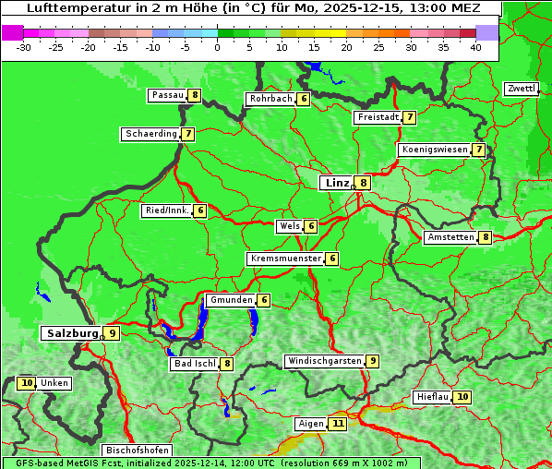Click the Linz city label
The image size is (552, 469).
(x=336, y=183)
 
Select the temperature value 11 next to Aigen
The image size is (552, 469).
(x=338, y=424)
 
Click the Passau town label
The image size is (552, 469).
(x=168, y=95)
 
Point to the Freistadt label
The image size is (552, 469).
(x=378, y=117)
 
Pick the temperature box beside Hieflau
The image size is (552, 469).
(x=462, y=397)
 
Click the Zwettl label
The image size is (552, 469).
(x=521, y=89)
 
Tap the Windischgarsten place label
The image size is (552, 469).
(x=324, y=361)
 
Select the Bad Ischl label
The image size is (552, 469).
(x=194, y=364)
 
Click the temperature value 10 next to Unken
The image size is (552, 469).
(x=27, y=383)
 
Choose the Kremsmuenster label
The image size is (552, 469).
(x=285, y=259)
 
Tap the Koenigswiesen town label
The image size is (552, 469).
(x=434, y=150)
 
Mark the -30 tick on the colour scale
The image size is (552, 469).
(x=24, y=47)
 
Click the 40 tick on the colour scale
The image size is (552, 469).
(x=475, y=47)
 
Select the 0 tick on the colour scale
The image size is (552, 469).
(x=218, y=47)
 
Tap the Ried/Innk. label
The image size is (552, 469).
(x=167, y=210)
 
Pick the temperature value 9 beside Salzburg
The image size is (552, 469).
(x=112, y=333)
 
